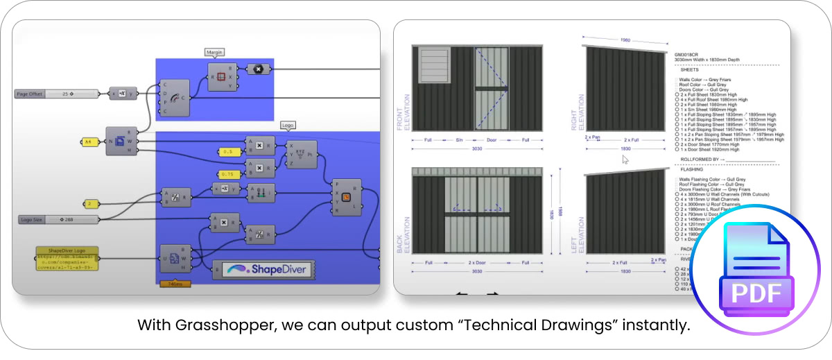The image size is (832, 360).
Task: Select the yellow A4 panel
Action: [x=89, y=142]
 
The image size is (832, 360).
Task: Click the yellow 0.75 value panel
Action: [x=228, y=173]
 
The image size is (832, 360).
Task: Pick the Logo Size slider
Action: [x=58, y=220]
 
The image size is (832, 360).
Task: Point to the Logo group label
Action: [x=288, y=126]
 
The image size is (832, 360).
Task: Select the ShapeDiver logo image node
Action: [x=263, y=269]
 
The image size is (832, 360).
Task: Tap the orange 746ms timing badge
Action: [x=175, y=284]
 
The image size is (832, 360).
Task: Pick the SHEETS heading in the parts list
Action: [x=689, y=70]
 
